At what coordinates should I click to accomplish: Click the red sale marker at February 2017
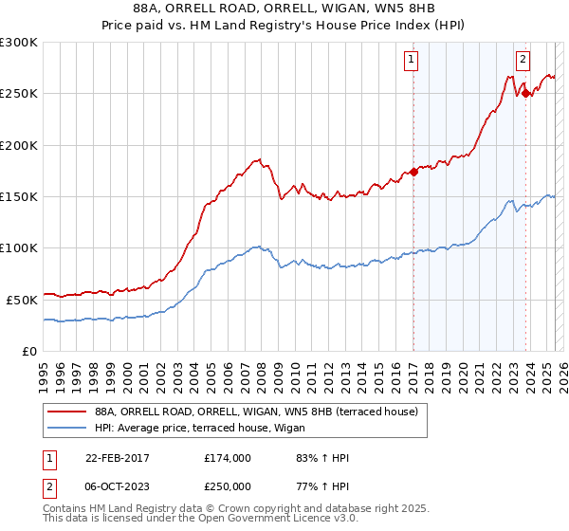tap(413, 173)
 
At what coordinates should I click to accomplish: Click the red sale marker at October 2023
tap(525, 93)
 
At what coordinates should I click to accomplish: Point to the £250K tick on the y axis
tap(19, 94)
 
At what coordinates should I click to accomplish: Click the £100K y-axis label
tap(19, 247)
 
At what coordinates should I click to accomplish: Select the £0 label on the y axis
tap(29, 351)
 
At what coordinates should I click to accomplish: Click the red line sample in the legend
tap(67, 412)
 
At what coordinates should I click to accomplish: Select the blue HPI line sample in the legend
tap(67, 428)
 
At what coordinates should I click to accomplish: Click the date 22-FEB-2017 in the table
tap(114, 458)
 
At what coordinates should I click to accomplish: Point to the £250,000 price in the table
tap(228, 485)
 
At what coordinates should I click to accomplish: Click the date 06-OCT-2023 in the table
tap(114, 485)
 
